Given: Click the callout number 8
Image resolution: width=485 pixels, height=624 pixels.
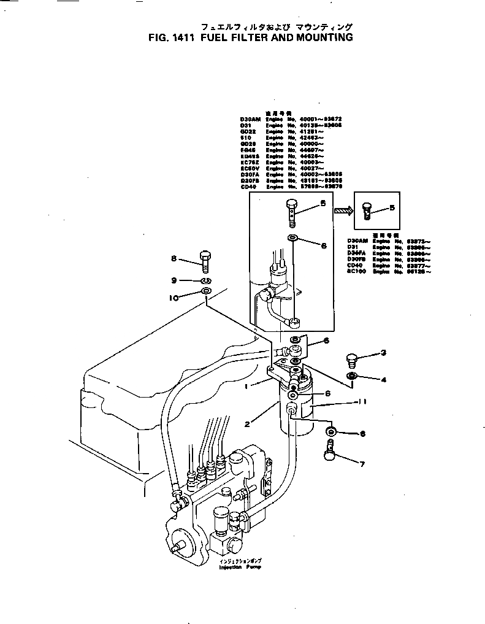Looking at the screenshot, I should pyautogui.click(x=174, y=258).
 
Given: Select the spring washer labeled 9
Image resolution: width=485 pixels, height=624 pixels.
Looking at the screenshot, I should pyautogui.click(x=205, y=280).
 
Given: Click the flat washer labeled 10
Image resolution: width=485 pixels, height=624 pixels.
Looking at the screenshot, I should pyautogui.click(x=206, y=290).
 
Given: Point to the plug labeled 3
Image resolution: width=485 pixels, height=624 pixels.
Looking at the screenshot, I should pyautogui.click(x=352, y=358).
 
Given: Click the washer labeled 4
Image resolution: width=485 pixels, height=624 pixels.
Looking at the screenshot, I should pyautogui.click(x=353, y=375).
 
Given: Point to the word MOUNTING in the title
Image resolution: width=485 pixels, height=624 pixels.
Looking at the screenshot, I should pyautogui.click(x=324, y=37).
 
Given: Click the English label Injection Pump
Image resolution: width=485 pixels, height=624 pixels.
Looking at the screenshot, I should pyautogui.click(x=240, y=568).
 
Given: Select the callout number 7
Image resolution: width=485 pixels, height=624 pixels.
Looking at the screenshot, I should pyautogui.click(x=361, y=463).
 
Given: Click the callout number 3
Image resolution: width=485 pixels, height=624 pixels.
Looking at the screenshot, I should pyautogui.click(x=383, y=352).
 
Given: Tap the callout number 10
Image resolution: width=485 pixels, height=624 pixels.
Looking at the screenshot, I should pyautogui.click(x=174, y=298).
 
